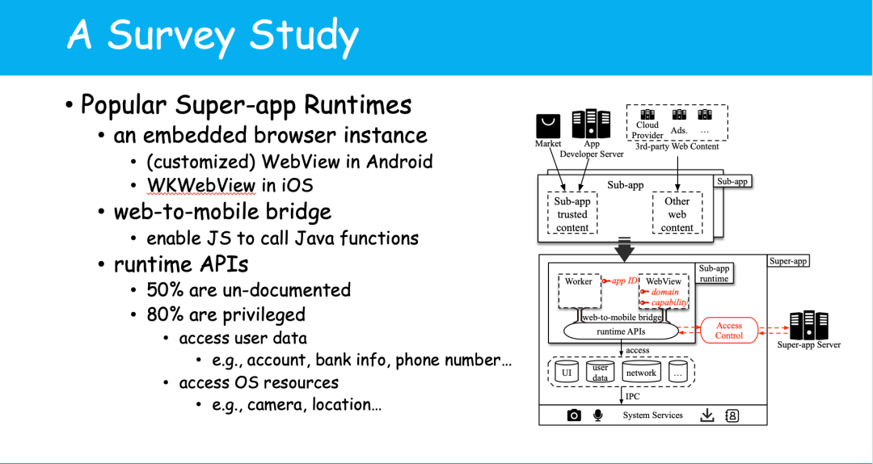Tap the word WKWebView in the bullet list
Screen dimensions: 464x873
pos(200,185)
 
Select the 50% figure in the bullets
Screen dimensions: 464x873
pos(166,290)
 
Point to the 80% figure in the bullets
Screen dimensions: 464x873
pos(166,314)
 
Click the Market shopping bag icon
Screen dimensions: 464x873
pos(548,125)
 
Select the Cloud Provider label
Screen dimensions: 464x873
pos(647,130)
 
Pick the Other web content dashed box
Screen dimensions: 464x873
pos(677,213)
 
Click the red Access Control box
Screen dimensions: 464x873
pos(728,330)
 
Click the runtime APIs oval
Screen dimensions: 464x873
pos(621,331)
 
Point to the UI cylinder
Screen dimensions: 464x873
pos(567,372)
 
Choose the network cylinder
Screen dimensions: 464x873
pos(641,372)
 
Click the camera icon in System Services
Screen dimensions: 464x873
pos(574,415)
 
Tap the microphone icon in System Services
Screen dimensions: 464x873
pos(598,415)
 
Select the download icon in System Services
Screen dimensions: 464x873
pos(707,415)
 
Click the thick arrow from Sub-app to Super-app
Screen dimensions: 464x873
pos(625,250)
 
